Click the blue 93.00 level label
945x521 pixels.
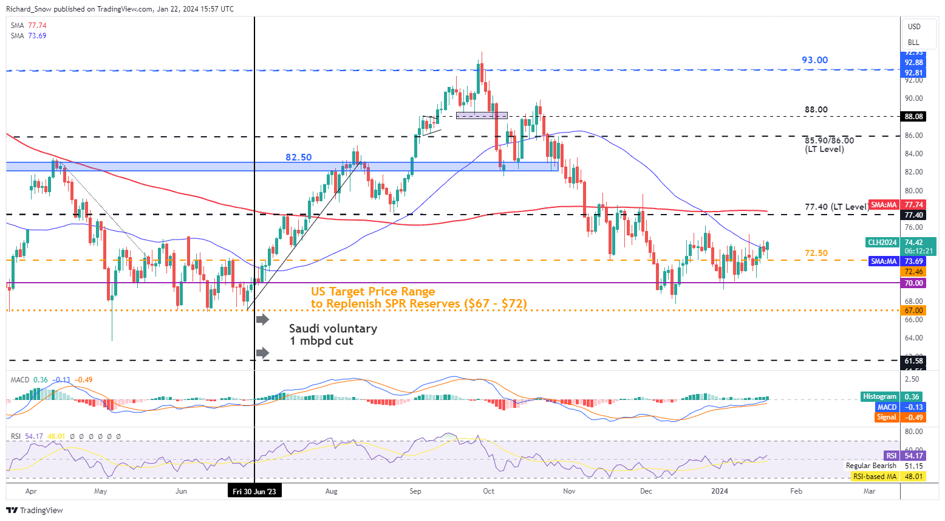pyautogui.click(x=814, y=60)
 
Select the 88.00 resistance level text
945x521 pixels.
pyautogui.click(x=816, y=110)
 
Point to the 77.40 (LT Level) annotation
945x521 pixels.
pyautogui.click(x=836, y=207)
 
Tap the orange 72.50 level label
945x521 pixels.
pyautogui.click(x=816, y=254)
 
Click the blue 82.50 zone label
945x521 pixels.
pyautogui.click(x=298, y=157)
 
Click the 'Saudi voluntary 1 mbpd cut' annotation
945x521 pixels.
pyautogui.click(x=333, y=334)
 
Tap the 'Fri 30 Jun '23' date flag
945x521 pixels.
pyautogui.click(x=254, y=491)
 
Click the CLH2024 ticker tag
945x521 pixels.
pyautogui.click(x=882, y=243)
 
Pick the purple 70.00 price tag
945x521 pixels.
pyautogui.click(x=913, y=283)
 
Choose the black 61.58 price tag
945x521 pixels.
pyautogui.click(x=913, y=361)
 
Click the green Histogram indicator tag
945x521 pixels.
pyautogui.click(x=879, y=396)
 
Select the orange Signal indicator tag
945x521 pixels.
pyautogui.click(x=886, y=417)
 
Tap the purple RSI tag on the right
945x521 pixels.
pyautogui.click(x=891, y=456)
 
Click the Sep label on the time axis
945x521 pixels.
pyautogui.click(x=415, y=491)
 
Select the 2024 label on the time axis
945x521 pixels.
pyautogui.click(x=720, y=491)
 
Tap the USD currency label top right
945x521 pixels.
pyautogui.click(x=914, y=27)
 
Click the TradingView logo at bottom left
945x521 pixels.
pyautogui.click(x=35, y=511)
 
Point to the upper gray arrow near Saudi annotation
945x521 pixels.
pyautogui.click(x=262, y=319)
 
